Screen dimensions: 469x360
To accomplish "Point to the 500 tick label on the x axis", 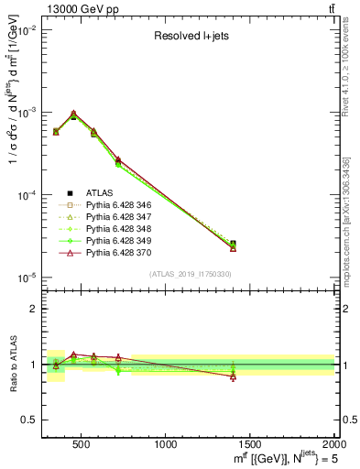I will point(82,443).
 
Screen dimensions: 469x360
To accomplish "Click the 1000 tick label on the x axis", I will point(167,443).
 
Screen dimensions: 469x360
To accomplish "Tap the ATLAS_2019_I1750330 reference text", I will point(190,274).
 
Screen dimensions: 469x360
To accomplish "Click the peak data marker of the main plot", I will point(73,115).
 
